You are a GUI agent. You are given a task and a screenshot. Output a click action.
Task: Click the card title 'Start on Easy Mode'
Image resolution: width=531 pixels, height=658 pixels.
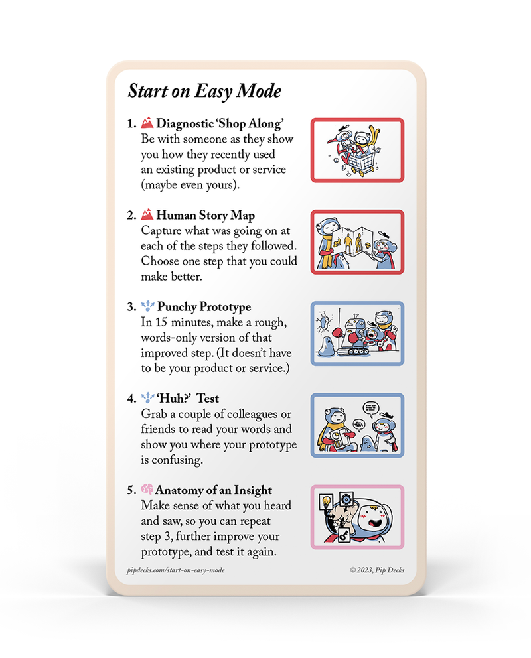pyautogui.click(x=204, y=91)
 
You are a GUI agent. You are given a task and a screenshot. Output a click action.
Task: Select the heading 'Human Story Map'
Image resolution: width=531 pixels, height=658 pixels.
pyautogui.click(x=205, y=216)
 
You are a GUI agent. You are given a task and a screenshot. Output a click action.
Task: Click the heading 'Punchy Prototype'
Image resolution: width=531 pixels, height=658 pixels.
pyautogui.click(x=204, y=307)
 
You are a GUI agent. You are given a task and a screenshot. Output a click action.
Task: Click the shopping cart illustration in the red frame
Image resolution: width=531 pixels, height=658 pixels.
pyautogui.click(x=357, y=150)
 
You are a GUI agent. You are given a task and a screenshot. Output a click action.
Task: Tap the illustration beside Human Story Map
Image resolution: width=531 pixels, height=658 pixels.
pyautogui.click(x=357, y=241)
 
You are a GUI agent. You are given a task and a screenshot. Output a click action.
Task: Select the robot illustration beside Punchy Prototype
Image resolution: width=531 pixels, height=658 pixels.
pyautogui.click(x=357, y=333)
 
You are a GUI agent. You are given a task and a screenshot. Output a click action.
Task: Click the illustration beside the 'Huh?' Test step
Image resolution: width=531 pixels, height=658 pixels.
pyautogui.click(x=357, y=425)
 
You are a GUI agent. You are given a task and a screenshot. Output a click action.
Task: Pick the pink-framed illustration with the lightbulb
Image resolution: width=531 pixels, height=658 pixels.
pyautogui.click(x=357, y=517)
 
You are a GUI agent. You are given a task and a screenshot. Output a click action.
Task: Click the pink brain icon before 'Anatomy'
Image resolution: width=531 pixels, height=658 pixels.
pyautogui.click(x=147, y=490)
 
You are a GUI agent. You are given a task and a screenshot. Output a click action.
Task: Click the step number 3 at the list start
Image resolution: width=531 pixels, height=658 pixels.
pyautogui.click(x=130, y=308)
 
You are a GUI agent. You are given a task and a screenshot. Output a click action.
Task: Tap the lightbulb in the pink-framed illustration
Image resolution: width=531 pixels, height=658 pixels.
pyautogui.click(x=326, y=501)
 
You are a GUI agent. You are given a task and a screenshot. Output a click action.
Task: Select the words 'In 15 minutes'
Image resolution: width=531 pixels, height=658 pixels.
pyautogui.click(x=174, y=323)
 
